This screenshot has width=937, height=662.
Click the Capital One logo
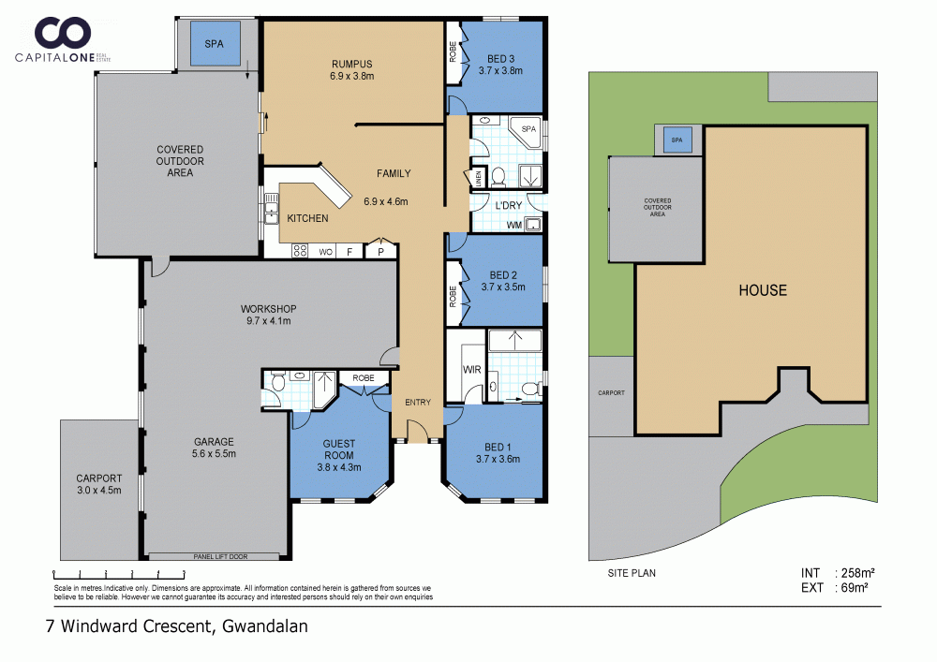(x=63, y=39)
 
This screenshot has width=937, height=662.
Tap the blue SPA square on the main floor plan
(x=214, y=44)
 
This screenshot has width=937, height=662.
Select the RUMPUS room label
(x=352, y=64)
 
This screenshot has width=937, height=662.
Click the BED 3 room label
(x=500, y=58)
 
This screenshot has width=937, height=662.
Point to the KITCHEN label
(x=307, y=218)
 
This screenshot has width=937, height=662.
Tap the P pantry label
(x=380, y=253)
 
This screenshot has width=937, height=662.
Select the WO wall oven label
(x=326, y=253)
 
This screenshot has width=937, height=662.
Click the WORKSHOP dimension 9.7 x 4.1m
(x=268, y=320)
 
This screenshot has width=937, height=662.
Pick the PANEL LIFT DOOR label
(x=220, y=556)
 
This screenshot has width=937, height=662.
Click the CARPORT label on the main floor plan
(x=99, y=478)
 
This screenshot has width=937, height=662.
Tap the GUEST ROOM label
(x=339, y=449)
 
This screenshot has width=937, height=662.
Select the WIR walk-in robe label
(x=472, y=370)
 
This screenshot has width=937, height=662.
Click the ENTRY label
(x=418, y=403)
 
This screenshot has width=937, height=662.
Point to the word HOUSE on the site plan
(x=763, y=290)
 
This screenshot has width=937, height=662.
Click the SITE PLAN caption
(x=632, y=573)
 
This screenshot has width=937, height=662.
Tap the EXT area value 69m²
(x=855, y=587)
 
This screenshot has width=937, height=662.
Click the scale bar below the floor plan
(x=119, y=575)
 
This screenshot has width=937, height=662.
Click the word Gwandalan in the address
(x=265, y=626)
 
